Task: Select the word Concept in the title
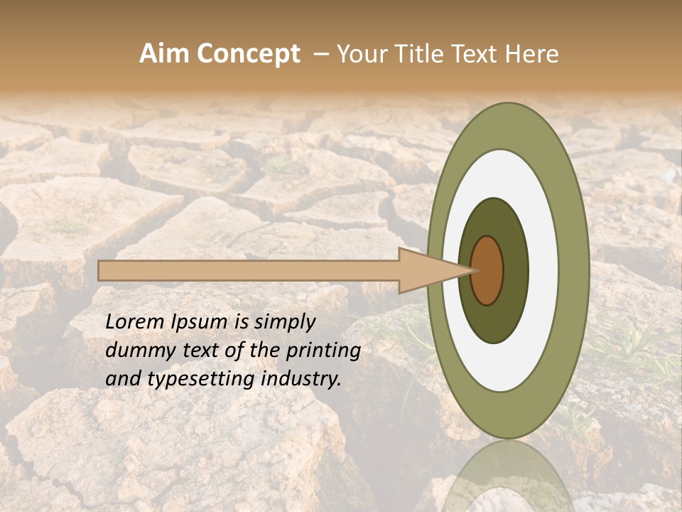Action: [248, 55]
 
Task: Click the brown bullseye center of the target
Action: [487, 270]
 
